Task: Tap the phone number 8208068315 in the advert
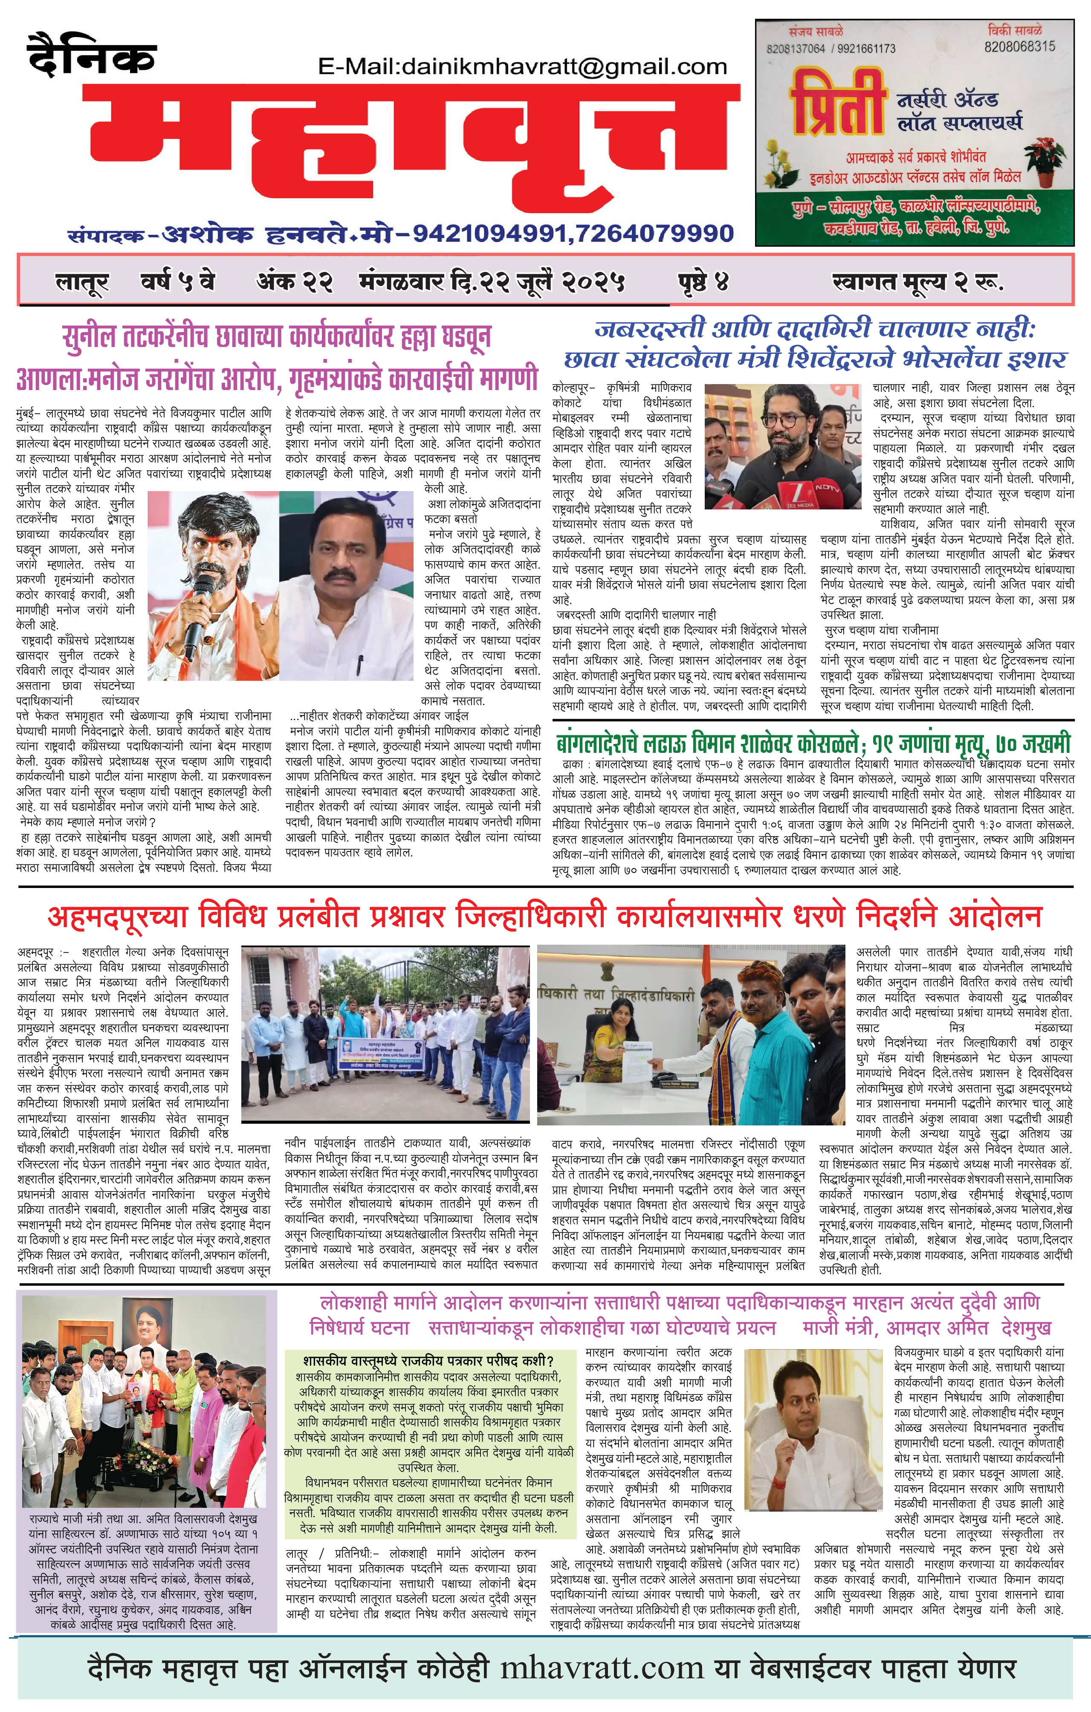coord(1019,46)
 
